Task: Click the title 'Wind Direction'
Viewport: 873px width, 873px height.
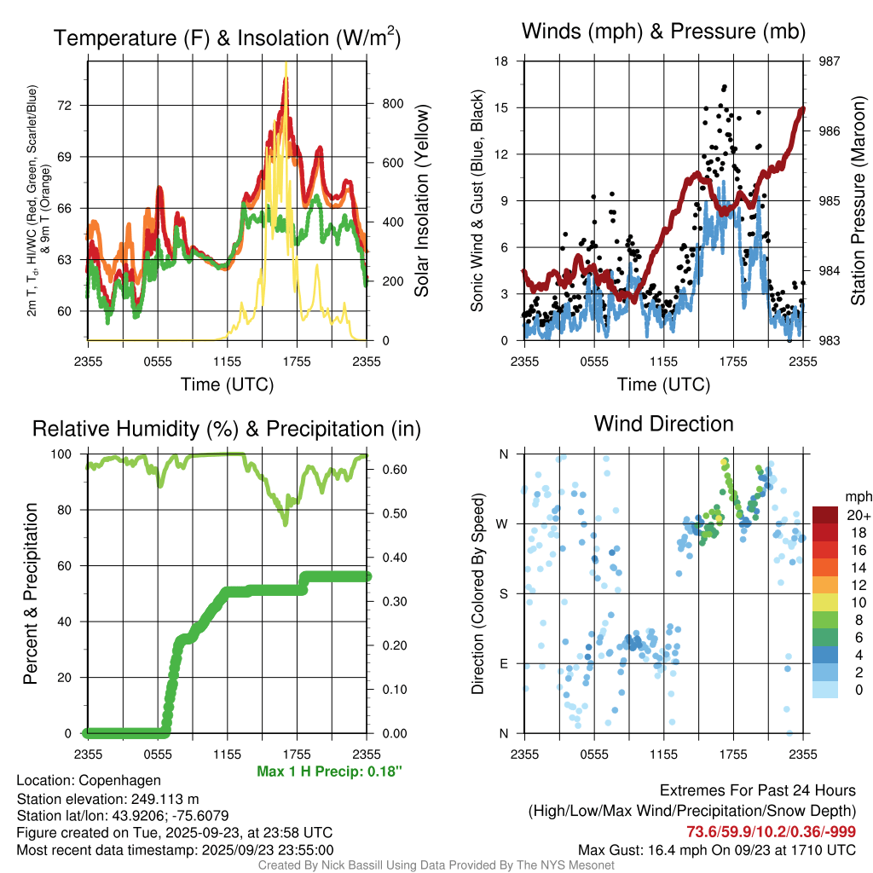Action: (x=663, y=424)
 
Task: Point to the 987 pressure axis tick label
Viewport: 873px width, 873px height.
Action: (x=829, y=61)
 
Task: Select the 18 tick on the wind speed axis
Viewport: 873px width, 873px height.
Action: (x=502, y=61)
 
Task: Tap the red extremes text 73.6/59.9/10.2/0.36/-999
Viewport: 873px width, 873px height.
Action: (x=772, y=831)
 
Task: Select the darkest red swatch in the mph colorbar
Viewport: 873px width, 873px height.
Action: (x=825, y=515)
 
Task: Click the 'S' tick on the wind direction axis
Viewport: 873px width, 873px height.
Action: (x=503, y=593)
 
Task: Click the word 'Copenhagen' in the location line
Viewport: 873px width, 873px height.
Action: (x=119, y=780)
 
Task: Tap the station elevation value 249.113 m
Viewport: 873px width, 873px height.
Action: (x=165, y=798)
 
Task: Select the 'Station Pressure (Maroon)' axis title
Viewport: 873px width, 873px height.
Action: (x=859, y=200)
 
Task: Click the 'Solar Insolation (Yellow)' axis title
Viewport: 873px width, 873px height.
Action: (x=422, y=200)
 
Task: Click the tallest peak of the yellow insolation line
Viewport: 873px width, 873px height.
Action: (x=286, y=63)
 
